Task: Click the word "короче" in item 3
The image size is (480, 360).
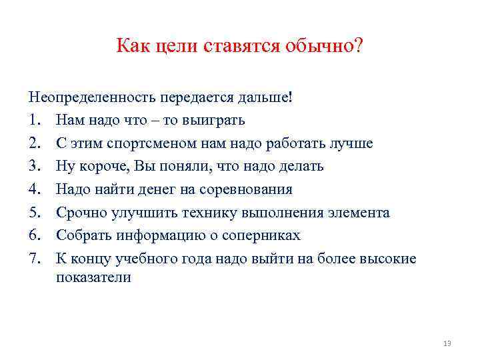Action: (101, 167)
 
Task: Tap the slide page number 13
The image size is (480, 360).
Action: (447, 343)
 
